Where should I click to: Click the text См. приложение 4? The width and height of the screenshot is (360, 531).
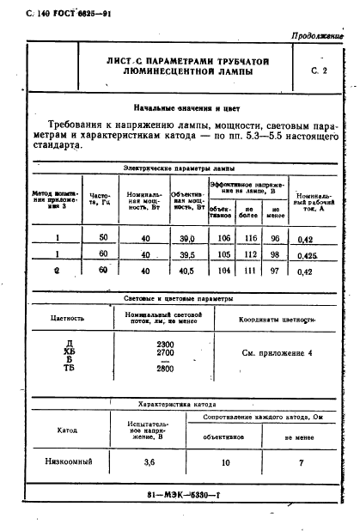coord(277,353)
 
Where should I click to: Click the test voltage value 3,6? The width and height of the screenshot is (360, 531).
coord(149,462)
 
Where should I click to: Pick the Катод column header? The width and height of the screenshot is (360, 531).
coord(67,428)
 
